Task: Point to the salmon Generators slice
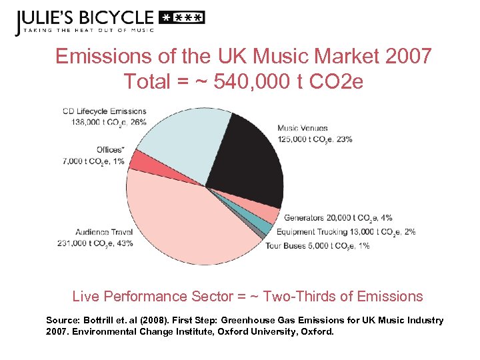[x=269, y=213]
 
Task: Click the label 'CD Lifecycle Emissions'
[x=104, y=111]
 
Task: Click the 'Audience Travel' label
[x=104, y=232]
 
